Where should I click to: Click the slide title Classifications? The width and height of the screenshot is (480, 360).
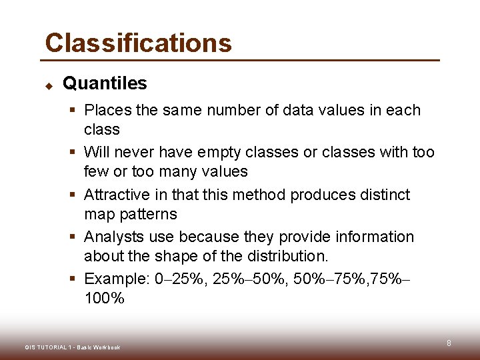(x=138, y=43)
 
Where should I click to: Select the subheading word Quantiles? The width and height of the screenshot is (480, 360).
(x=105, y=83)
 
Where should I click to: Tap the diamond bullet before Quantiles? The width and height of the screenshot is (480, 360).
(x=49, y=85)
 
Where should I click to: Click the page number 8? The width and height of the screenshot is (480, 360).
(x=449, y=343)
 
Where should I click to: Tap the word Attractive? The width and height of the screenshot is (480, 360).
(x=117, y=195)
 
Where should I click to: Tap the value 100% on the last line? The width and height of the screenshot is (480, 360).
(x=104, y=299)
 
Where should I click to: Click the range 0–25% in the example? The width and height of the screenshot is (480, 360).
(x=180, y=279)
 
